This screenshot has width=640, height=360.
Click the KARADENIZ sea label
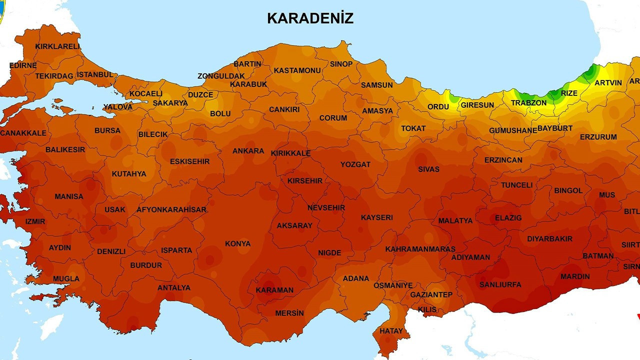pyautogui.click(x=310, y=18)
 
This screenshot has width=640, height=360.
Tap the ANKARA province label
pyautogui.click(x=248, y=151)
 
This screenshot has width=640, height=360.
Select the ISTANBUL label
pyautogui.click(x=95, y=74)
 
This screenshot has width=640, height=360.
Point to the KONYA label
pyautogui.click(x=237, y=243)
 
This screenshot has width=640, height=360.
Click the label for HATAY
pyautogui.click(x=391, y=331)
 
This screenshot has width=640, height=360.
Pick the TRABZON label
pyautogui.click(x=528, y=103)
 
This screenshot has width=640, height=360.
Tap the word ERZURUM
pyautogui.click(x=598, y=137)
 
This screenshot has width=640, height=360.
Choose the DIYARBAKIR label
pyautogui.click(x=549, y=239)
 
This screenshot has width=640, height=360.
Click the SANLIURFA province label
pyautogui.click(x=500, y=284)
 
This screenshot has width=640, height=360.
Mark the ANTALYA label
pyautogui.click(x=174, y=287)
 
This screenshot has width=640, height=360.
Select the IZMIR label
pyautogui.click(x=35, y=221)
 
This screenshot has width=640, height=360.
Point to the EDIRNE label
pyautogui.click(x=23, y=65)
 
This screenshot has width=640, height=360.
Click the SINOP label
pyautogui.click(x=341, y=64)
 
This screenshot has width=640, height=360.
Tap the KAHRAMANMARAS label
pyautogui.click(x=420, y=249)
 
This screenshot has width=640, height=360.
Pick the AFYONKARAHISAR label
pyautogui.click(x=171, y=209)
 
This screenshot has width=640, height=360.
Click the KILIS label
pyautogui.click(x=427, y=309)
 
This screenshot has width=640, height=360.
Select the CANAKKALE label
pyautogui.click(x=23, y=133)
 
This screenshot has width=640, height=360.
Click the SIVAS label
pyautogui.click(x=428, y=169)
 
